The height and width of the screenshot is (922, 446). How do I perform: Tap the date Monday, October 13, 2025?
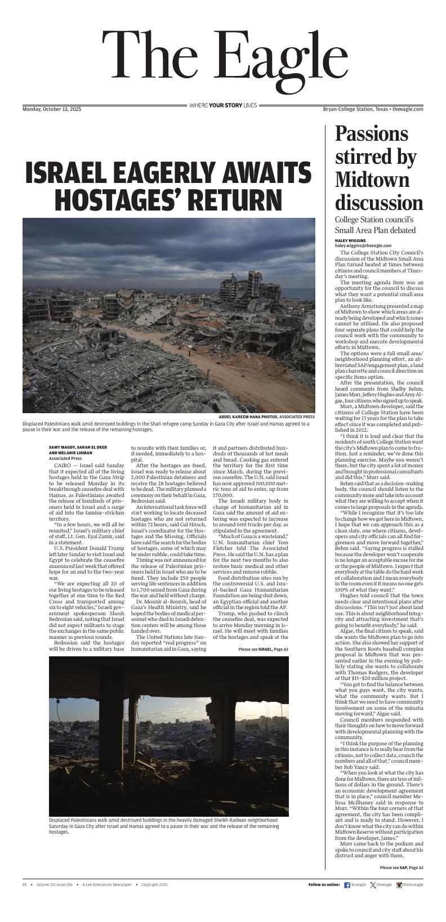[x=52, y=109]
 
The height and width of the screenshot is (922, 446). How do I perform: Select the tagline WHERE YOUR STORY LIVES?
[x=223, y=105]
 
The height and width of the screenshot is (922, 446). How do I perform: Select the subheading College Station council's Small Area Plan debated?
[x=375, y=225]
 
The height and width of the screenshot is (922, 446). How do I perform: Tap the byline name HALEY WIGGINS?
[x=350, y=240]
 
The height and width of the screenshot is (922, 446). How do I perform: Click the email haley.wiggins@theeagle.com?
[x=363, y=245]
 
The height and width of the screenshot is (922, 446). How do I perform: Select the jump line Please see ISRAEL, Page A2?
[x=263, y=649]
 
